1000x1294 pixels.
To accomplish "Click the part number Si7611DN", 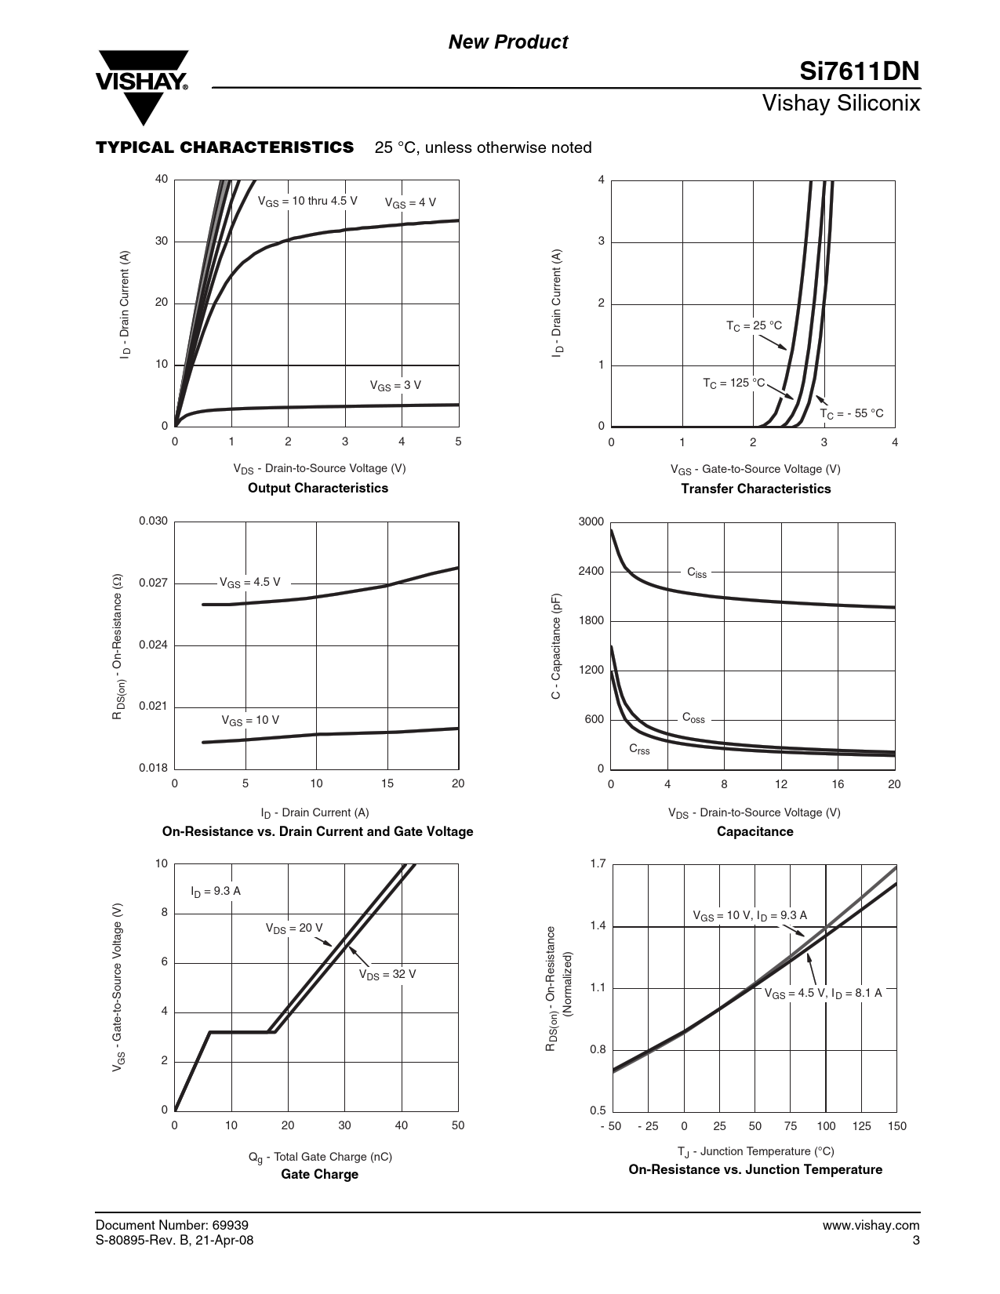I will [859, 72].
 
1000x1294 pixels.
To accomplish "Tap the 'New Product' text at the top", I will [507, 42].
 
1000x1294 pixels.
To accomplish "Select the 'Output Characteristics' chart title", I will [318, 488].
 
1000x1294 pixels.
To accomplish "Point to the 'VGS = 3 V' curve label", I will [395, 386].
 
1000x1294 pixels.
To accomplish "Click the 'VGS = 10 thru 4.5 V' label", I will [307, 201].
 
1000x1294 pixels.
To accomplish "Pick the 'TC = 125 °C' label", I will [733, 383].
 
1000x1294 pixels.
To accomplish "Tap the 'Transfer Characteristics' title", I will [755, 489].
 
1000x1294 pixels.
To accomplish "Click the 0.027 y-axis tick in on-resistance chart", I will [153, 583].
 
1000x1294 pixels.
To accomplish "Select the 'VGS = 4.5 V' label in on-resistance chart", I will [249, 583].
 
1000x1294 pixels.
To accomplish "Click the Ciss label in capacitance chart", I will [696, 572].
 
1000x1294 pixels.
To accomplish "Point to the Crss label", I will [639, 750].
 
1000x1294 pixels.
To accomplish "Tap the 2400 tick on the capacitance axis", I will [591, 571].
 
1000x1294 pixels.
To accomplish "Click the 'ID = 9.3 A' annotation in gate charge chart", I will [216, 891].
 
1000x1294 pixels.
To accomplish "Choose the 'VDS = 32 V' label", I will [387, 974].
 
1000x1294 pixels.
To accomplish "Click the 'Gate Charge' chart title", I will [319, 1174].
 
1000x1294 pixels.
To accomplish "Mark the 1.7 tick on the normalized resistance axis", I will [598, 864].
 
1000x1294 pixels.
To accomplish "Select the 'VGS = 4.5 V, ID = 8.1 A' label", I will [823, 993].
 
